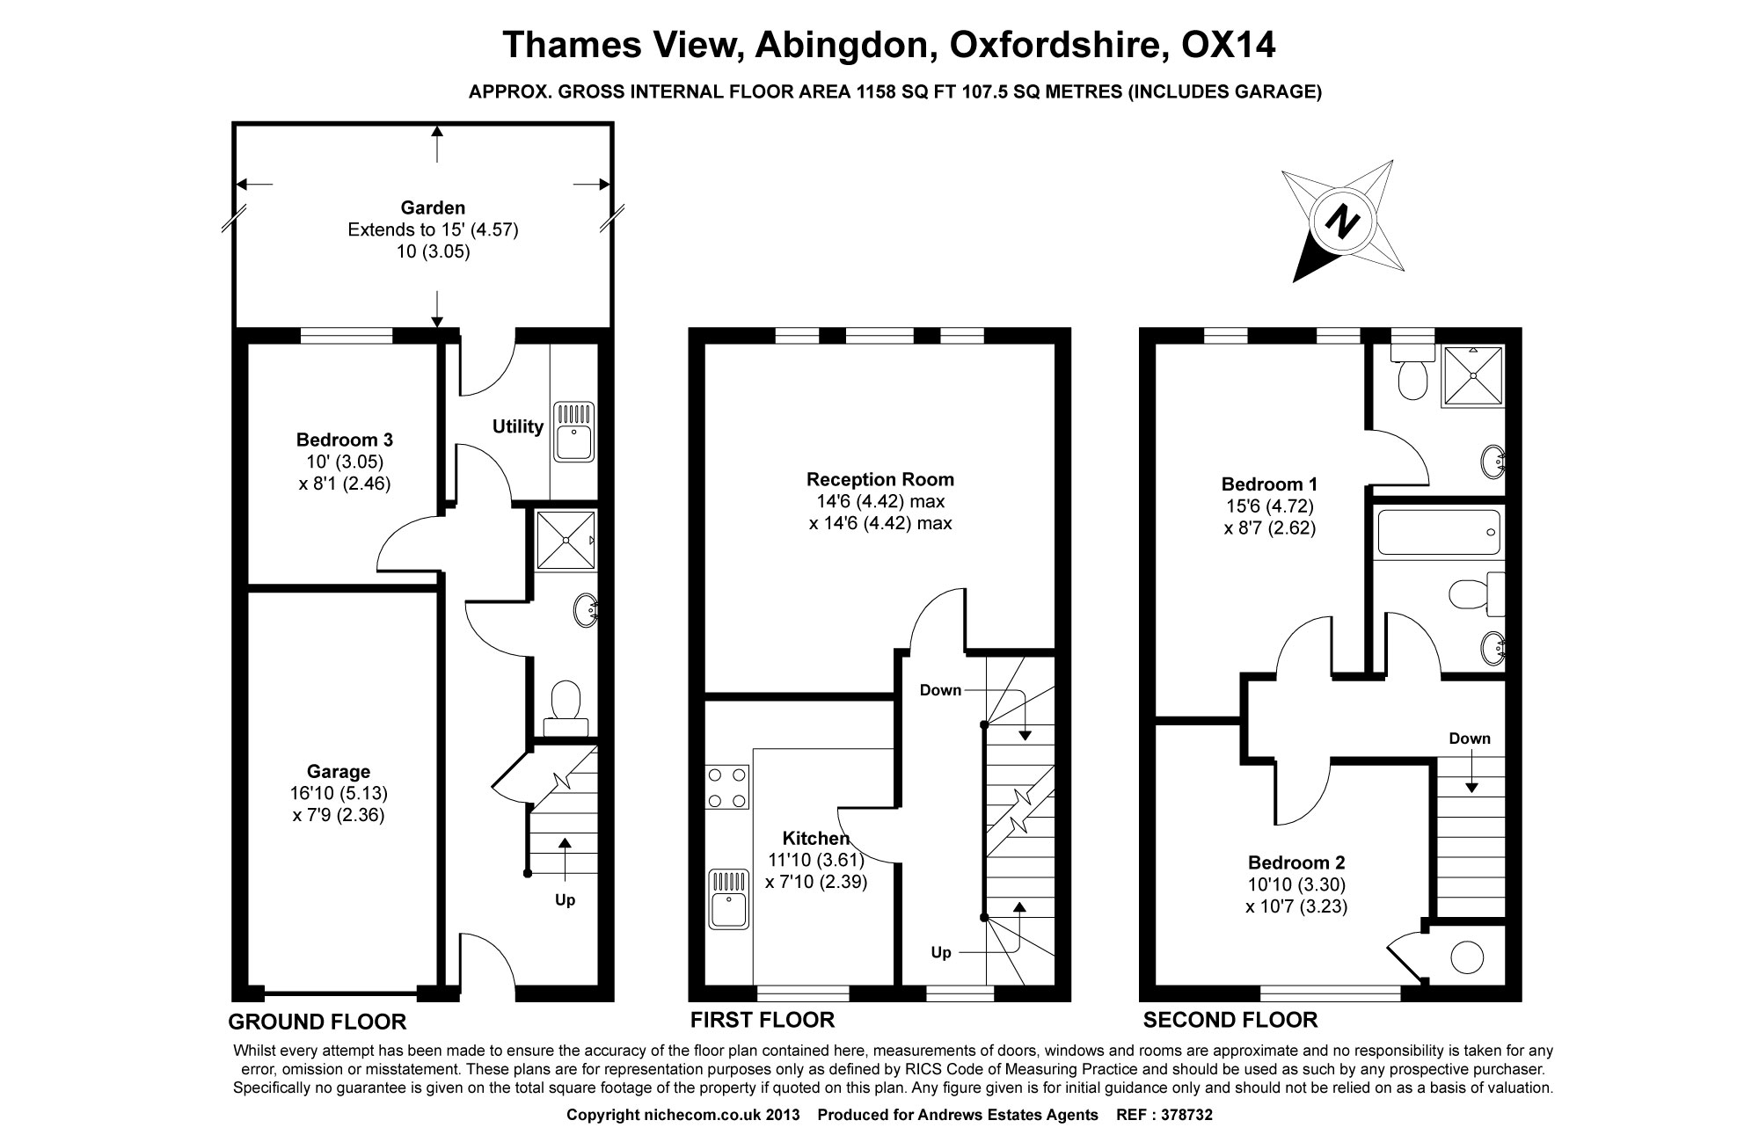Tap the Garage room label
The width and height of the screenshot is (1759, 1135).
(x=339, y=772)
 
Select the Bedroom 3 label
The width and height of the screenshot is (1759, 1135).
(x=344, y=440)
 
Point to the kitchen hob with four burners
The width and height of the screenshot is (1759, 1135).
(x=728, y=787)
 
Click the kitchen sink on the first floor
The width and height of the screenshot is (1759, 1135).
(x=727, y=899)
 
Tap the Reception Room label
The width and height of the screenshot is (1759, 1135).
(x=879, y=479)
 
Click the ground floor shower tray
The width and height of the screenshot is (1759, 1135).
(x=566, y=539)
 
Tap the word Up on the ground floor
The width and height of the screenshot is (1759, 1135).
(x=565, y=900)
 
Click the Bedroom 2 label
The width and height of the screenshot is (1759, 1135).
(x=1296, y=862)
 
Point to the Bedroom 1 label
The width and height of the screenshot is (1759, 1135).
(x=1269, y=484)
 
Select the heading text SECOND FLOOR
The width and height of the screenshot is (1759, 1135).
(x=1230, y=1020)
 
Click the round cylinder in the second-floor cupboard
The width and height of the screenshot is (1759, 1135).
(x=1466, y=957)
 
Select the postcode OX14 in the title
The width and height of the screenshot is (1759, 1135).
(x=1228, y=46)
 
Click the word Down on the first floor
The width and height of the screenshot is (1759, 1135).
(x=940, y=690)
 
